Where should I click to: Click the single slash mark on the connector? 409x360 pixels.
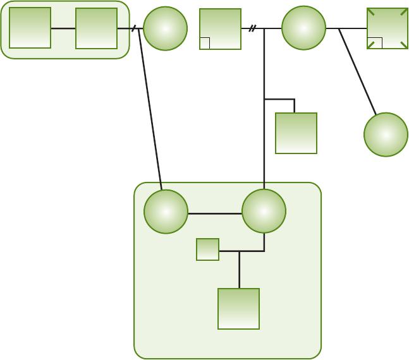coord(134,28)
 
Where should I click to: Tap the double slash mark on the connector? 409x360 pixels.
coord(252,28)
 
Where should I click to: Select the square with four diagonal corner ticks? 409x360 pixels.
coord(387,28)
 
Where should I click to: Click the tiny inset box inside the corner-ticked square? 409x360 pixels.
coord(374,43)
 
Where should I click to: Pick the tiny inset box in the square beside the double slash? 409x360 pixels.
coord(205,43)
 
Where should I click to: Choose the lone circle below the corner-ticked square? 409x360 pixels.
coord(386,135)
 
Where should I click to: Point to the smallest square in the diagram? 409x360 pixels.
coord(207,249)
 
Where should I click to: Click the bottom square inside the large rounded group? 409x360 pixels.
coord(238,309)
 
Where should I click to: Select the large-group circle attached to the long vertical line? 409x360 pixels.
coord(264,211)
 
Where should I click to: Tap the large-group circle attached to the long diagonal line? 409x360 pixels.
coord(166,212)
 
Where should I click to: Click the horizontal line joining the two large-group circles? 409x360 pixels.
coord(215,213)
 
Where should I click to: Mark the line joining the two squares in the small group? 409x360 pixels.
coord(63,28)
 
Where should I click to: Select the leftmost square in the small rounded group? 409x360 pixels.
coord(30,28)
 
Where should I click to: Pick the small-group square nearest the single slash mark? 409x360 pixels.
coord(96,28)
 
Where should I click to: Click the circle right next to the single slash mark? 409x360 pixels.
coord(165,28)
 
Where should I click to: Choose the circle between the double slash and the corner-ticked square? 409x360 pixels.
coord(303,28)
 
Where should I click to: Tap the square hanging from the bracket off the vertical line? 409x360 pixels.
coord(296,133)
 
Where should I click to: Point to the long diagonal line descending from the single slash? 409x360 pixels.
coord(150,107)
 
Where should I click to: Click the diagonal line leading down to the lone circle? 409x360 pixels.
coord(357,71)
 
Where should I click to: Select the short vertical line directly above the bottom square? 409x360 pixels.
coord(239,270)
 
